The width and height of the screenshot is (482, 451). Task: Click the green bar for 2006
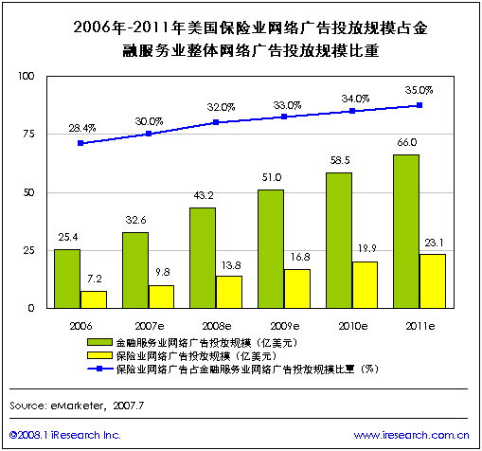(x=67, y=279)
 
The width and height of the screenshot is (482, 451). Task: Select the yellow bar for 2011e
(x=432, y=281)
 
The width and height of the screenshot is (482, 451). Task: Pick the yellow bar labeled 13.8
(x=229, y=292)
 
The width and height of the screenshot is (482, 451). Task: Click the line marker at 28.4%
(x=80, y=143)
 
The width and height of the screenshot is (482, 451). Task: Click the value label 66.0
(x=405, y=143)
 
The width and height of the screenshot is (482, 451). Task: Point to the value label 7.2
(x=94, y=280)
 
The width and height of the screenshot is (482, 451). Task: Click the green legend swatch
(x=97, y=341)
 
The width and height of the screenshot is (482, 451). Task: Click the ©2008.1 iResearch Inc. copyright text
(x=65, y=435)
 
